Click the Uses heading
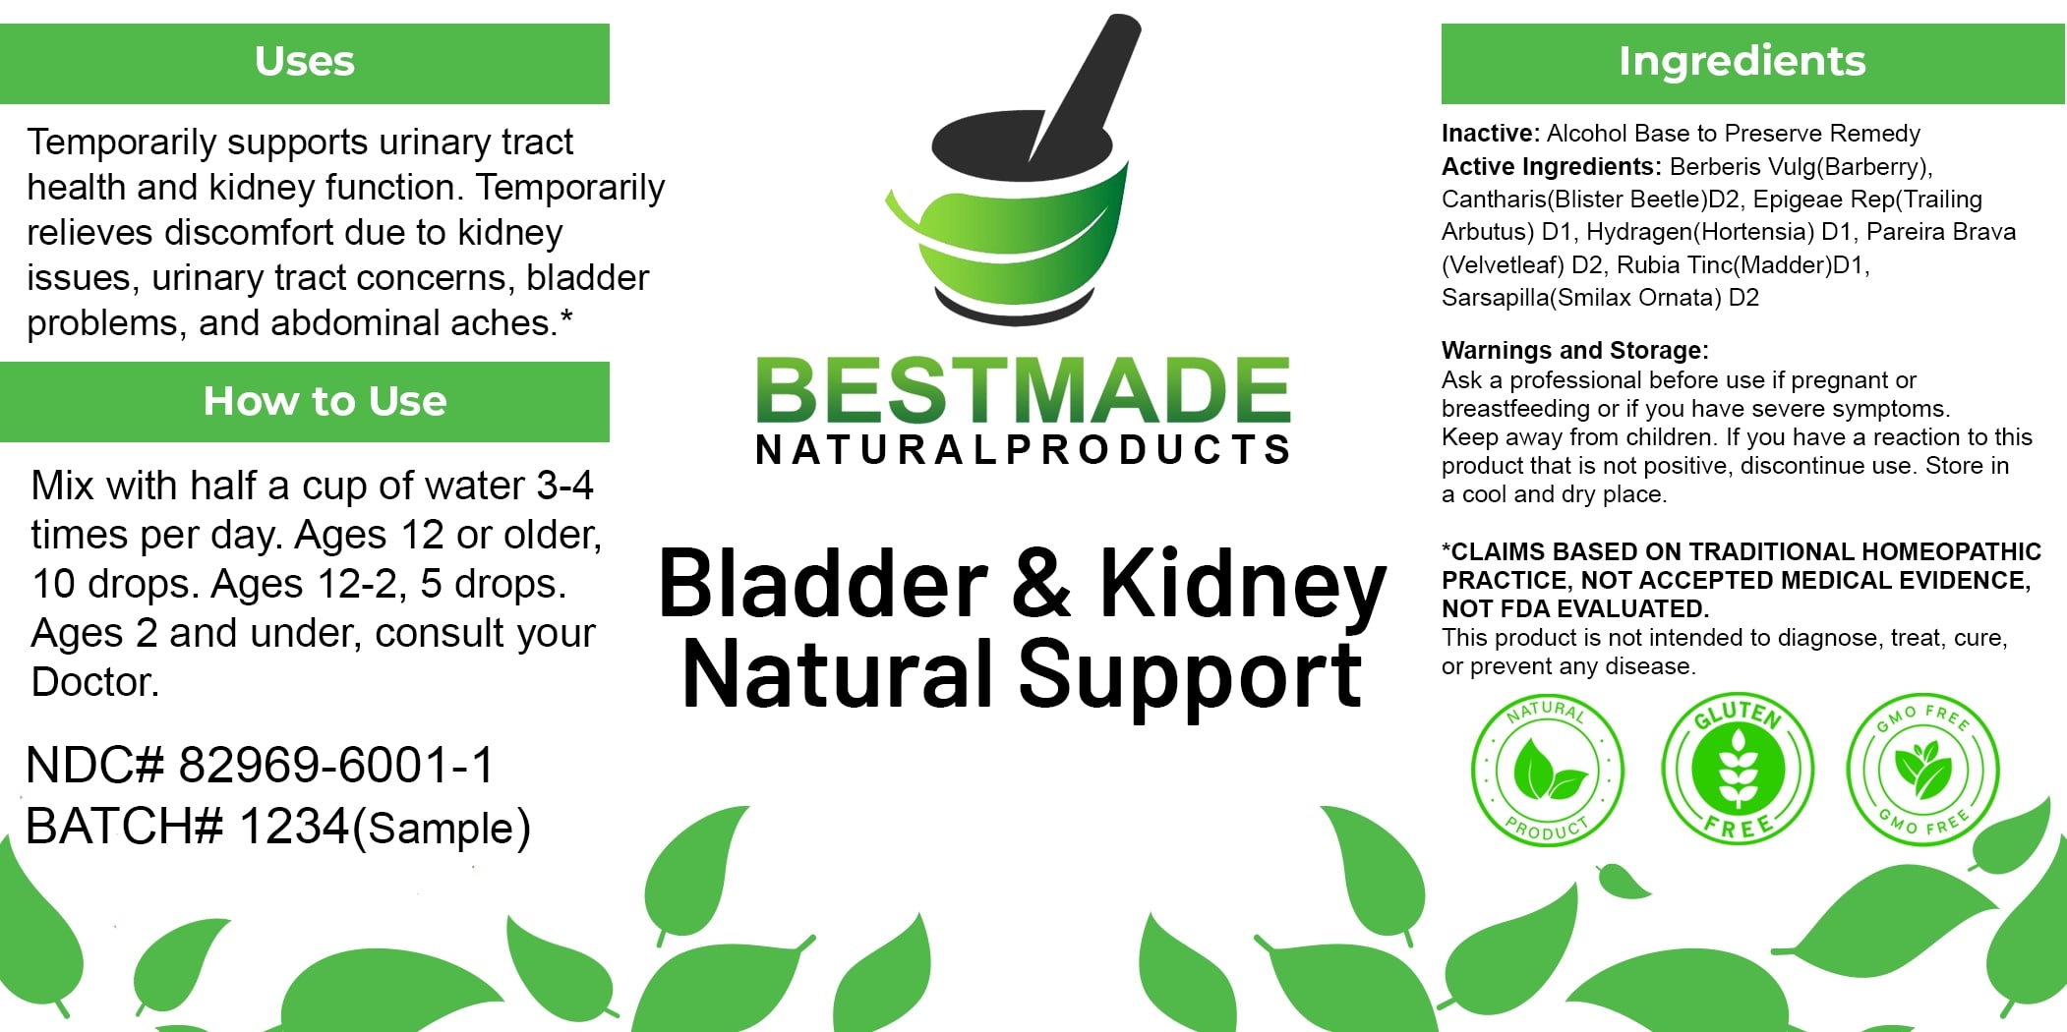[305, 61]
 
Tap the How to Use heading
[325, 401]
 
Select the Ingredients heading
[1742, 61]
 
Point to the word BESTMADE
[1023, 390]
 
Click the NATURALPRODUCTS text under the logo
[1023, 449]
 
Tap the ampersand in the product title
[1042, 584]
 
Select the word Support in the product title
[1190, 677]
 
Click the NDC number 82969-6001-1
[336, 765]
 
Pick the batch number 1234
[294, 826]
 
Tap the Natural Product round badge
[1548, 771]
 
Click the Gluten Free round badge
[1738, 769]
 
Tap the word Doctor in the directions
[94, 682]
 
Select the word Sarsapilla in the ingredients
[1495, 298]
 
